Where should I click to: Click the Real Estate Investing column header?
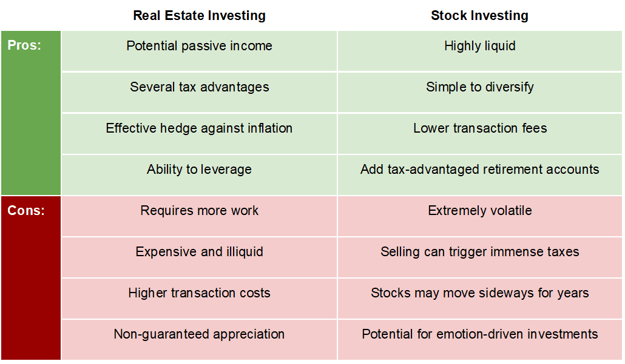(199, 16)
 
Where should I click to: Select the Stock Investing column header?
(479, 16)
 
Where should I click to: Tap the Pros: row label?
(24, 45)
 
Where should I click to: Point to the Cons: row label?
(26, 211)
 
